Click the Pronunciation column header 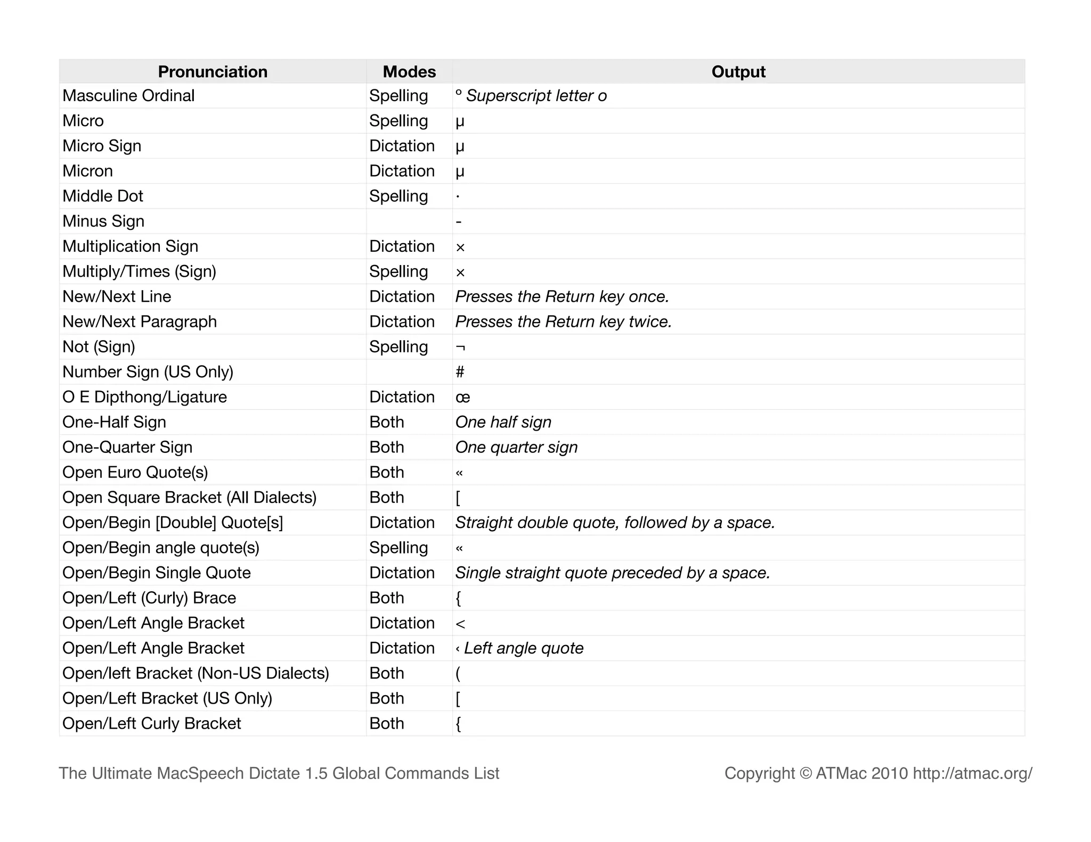pyautogui.click(x=213, y=72)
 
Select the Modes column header pyautogui.click(x=409, y=72)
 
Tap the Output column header pyautogui.click(x=738, y=72)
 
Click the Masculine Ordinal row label pyautogui.click(x=128, y=96)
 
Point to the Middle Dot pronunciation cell pyautogui.click(x=103, y=196)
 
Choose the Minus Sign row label pyautogui.click(x=103, y=221)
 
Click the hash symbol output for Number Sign pyautogui.click(x=460, y=372)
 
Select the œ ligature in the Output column pyautogui.click(x=462, y=398)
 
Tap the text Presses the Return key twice pyautogui.click(x=563, y=322)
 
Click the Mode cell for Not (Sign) pyautogui.click(x=398, y=347)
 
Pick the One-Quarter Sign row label pyautogui.click(x=127, y=448)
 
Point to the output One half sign pyautogui.click(x=503, y=423)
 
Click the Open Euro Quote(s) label pyautogui.click(x=135, y=473)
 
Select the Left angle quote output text pyautogui.click(x=523, y=648)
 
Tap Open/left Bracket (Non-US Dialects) pyautogui.click(x=196, y=673)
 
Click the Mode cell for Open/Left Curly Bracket pyautogui.click(x=387, y=724)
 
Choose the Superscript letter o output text pyautogui.click(x=536, y=96)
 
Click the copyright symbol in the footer pyautogui.click(x=805, y=773)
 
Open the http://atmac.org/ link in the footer pyautogui.click(x=972, y=773)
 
